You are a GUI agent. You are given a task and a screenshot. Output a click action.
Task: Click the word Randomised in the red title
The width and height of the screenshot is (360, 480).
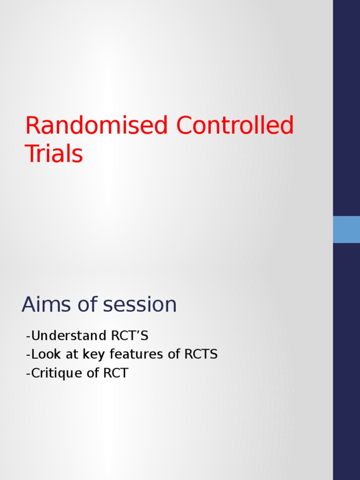click(x=97, y=126)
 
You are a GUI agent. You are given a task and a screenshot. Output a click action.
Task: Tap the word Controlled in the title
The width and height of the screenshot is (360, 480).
click(x=235, y=126)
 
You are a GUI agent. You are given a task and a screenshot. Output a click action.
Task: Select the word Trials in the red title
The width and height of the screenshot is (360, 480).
click(x=54, y=154)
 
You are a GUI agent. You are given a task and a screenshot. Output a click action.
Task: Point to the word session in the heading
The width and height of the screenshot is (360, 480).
click(x=140, y=305)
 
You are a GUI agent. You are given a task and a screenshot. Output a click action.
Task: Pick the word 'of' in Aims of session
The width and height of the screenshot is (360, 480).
click(x=85, y=305)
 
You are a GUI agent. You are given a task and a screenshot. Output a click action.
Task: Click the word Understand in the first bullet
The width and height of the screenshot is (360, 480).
click(x=69, y=336)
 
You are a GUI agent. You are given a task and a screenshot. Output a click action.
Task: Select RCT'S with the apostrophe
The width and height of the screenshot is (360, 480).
click(x=129, y=336)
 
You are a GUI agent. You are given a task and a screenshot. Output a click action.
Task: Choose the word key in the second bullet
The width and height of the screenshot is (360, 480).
click(x=92, y=355)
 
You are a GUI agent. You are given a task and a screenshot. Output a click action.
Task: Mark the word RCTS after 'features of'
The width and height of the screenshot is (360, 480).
click(x=201, y=354)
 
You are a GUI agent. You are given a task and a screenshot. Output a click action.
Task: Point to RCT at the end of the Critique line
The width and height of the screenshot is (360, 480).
click(x=116, y=373)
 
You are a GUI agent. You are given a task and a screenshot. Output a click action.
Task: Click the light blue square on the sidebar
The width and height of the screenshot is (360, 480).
click(x=346, y=229)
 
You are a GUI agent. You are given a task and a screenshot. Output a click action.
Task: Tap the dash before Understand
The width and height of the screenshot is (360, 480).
click(x=29, y=337)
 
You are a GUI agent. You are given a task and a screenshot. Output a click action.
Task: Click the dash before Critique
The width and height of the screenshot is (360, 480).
click(x=29, y=374)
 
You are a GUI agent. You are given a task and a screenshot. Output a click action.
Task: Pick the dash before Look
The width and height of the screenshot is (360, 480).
click(x=29, y=355)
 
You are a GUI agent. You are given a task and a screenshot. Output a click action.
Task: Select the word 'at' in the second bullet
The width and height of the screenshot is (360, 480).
click(x=72, y=354)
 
